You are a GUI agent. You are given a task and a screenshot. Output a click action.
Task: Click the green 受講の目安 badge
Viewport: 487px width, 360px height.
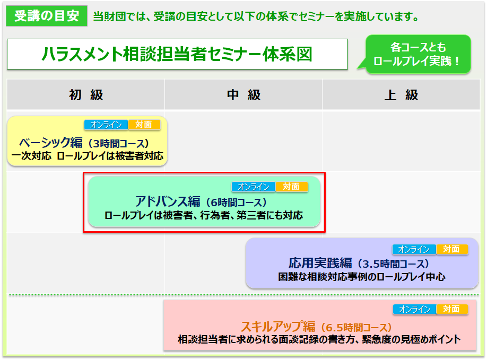[x=47, y=16]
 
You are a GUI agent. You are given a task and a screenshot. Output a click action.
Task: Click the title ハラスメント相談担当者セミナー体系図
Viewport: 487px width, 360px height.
[x=177, y=54]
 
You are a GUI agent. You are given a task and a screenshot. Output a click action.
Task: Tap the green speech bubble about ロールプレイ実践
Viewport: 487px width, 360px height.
[x=418, y=54]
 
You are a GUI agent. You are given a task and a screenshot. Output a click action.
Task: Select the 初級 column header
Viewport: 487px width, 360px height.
[x=86, y=95]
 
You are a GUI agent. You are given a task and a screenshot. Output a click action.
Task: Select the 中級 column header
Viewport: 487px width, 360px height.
[x=243, y=95]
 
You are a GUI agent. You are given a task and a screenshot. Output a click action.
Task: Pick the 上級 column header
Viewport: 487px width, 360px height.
[x=401, y=95]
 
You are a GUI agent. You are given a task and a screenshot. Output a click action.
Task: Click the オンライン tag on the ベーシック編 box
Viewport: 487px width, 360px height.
[x=106, y=125]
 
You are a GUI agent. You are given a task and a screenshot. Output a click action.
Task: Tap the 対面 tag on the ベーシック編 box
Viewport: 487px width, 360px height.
[x=144, y=125]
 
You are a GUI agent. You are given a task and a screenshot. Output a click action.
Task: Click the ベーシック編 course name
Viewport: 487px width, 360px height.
[x=50, y=143]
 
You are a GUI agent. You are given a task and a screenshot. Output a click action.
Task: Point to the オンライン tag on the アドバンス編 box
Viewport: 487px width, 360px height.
[x=254, y=187]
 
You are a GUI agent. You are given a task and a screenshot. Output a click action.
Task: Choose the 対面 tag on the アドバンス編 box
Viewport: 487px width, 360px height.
[x=292, y=187]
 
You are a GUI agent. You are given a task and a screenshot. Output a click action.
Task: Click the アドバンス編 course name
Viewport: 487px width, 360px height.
[x=168, y=201]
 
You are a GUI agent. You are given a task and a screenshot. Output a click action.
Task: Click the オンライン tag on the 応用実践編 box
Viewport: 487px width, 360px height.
[x=414, y=249]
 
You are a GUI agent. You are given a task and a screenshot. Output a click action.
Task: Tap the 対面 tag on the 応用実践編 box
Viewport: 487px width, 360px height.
[x=452, y=249]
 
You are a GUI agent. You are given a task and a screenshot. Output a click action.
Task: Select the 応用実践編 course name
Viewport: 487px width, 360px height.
[x=320, y=263]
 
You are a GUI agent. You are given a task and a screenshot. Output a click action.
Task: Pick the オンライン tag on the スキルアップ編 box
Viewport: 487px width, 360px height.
[x=415, y=309]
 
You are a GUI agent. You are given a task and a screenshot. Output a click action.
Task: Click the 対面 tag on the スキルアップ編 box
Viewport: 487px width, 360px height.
[x=452, y=309]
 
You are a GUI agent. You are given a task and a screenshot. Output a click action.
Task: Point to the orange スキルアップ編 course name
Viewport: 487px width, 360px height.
[x=279, y=327]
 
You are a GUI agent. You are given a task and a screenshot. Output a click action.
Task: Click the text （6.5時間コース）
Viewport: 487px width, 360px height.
[x=354, y=328]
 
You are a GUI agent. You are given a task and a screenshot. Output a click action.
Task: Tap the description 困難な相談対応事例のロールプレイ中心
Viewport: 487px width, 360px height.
[x=361, y=277]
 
